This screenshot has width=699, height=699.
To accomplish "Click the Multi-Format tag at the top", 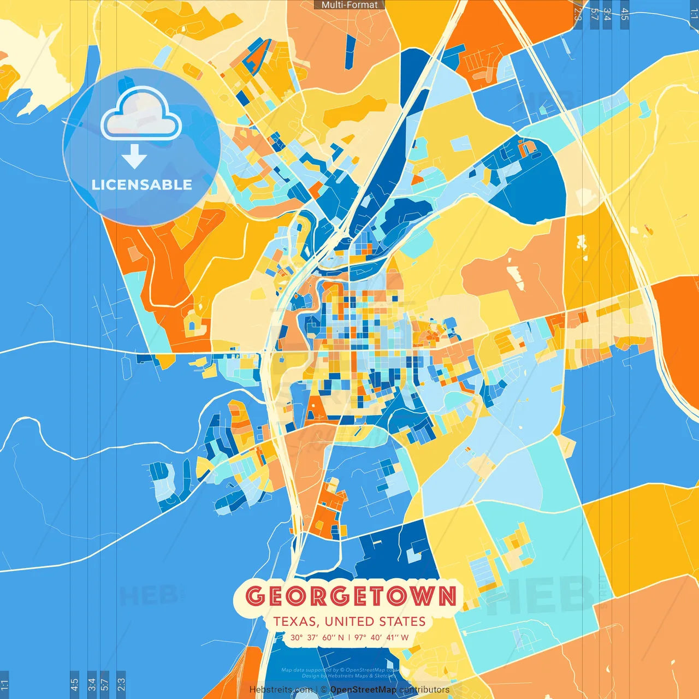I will [x=349, y=5].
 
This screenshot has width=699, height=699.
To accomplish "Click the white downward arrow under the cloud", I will [x=134, y=157].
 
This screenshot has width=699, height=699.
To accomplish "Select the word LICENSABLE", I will [x=141, y=185].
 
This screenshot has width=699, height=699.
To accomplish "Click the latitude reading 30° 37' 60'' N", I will [x=317, y=637].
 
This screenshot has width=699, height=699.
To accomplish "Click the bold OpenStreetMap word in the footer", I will [x=363, y=690].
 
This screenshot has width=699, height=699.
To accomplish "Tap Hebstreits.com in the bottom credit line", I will [x=281, y=690].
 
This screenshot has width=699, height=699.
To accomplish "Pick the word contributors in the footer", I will [x=424, y=690].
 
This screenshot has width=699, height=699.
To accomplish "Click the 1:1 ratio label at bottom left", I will [x=4, y=684].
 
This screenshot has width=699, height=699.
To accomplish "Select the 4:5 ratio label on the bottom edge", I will [x=74, y=684].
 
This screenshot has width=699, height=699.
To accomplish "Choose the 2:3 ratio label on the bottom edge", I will [x=121, y=684].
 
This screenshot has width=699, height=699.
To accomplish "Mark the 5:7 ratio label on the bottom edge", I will [x=105, y=684].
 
